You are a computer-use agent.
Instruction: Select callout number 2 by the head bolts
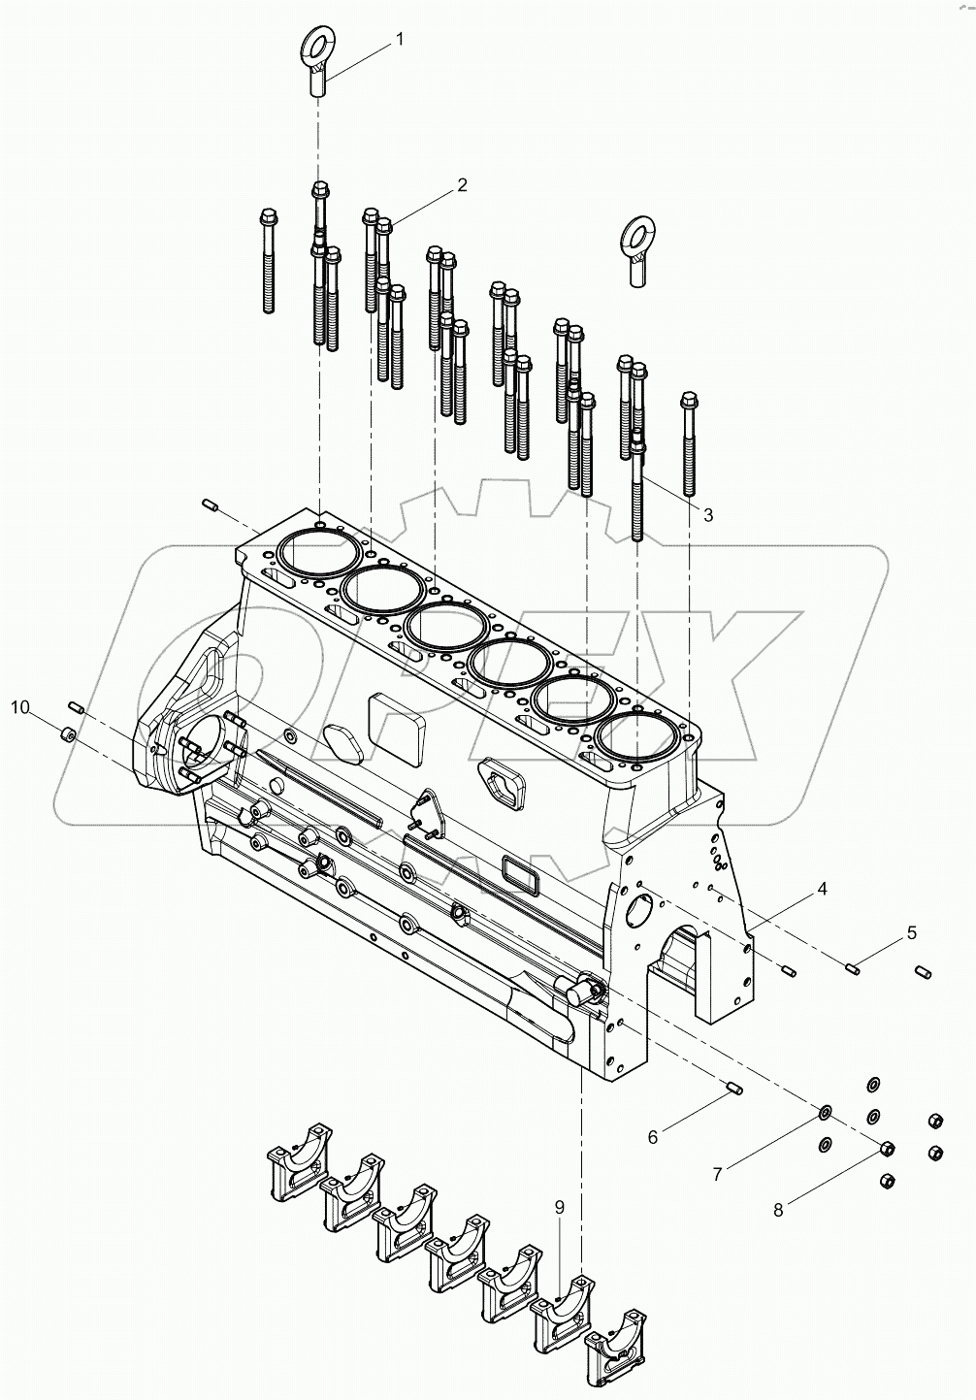pos(463,184)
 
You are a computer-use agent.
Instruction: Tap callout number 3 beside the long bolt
pos(707,514)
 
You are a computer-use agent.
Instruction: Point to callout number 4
pos(821,888)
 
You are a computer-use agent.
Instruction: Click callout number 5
pos(911,932)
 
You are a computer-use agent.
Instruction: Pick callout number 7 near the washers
pos(718,1174)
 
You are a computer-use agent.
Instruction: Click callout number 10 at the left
pos(20,707)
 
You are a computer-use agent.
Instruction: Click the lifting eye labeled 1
pos(318,58)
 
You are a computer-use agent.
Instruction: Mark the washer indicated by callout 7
pos(826,1109)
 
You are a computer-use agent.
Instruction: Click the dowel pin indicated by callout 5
pos(854,965)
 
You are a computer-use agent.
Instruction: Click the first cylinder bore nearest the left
pos(319,554)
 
